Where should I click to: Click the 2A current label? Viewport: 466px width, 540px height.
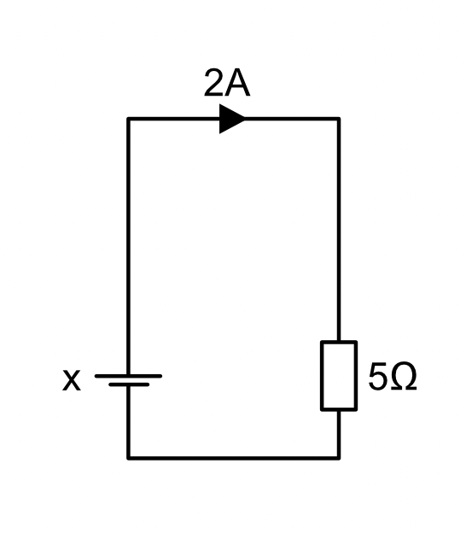[x=227, y=82]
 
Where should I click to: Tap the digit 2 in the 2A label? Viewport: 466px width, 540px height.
[x=214, y=82]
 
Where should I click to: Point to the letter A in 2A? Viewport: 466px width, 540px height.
[x=237, y=83]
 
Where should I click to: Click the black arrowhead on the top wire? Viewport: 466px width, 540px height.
[x=232, y=119]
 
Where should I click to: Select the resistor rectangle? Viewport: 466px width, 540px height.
[x=339, y=376]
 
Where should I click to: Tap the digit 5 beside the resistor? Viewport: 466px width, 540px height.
[x=378, y=377]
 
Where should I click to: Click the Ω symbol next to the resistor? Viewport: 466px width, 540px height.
[x=404, y=377]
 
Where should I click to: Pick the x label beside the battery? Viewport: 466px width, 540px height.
[x=72, y=380]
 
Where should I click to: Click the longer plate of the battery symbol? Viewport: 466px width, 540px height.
[x=128, y=376]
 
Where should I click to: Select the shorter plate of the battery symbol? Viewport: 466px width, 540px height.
[x=129, y=384]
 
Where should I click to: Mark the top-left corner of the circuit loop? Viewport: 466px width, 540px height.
[x=128, y=119]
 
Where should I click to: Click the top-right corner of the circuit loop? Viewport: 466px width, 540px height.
[x=339, y=119]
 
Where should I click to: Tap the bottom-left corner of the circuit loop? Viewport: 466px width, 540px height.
[x=128, y=458]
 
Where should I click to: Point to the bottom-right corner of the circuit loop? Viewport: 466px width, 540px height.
[x=339, y=458]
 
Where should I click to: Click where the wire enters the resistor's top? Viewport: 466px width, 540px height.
[x=339, y=341]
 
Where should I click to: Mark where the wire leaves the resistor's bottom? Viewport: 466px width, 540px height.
[x=339, y=410]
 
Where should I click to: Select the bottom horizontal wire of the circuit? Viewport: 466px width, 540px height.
[x=234, y=458]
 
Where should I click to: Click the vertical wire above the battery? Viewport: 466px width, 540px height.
[x=128, y=247]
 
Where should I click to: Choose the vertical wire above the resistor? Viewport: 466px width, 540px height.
[x=339, y=230]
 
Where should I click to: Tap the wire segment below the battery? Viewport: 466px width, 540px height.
[x=128, y=422]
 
